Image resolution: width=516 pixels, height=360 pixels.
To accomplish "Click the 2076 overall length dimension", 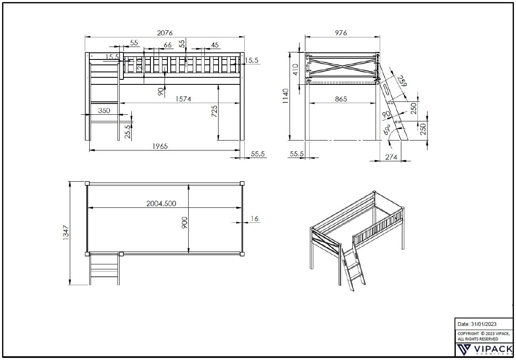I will [x=165, y=32].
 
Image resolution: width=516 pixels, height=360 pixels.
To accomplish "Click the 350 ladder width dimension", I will [x=104, y=111].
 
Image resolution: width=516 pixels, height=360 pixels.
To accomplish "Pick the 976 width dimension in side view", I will [x=340, y=33].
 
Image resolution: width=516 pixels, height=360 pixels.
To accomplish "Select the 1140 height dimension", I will [x=286, y=96].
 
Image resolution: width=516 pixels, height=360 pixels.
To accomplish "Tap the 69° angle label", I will [x=387, y=129].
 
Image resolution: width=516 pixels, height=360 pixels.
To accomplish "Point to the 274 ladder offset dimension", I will [x=391, y=157].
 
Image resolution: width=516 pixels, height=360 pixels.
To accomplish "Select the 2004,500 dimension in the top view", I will [x=161, y=203].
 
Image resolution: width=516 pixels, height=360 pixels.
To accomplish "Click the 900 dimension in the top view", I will [x=185, y=222].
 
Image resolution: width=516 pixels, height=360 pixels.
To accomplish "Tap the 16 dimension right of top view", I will [x=255, y=219].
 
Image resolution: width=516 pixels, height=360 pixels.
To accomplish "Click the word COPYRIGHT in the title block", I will [x=468, y=333].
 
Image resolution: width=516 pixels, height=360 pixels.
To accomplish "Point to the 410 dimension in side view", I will [x=295, y=68].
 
